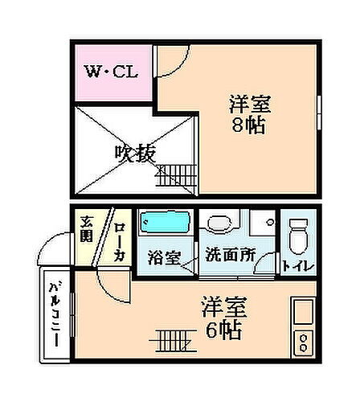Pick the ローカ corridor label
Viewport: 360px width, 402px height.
[x=117, y=240]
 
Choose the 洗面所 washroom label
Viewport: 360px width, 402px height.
[x=228, y=254]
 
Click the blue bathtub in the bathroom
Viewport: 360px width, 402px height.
[x=164, y=222]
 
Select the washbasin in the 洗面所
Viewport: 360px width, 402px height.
[x=218, y=226]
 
